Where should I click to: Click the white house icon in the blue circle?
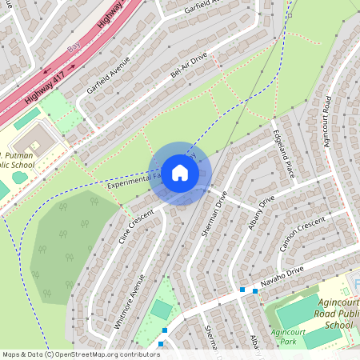179,173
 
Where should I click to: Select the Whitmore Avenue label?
130,302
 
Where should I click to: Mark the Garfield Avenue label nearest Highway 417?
107,76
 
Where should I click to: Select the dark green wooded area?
68,244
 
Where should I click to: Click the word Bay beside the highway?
74,50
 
